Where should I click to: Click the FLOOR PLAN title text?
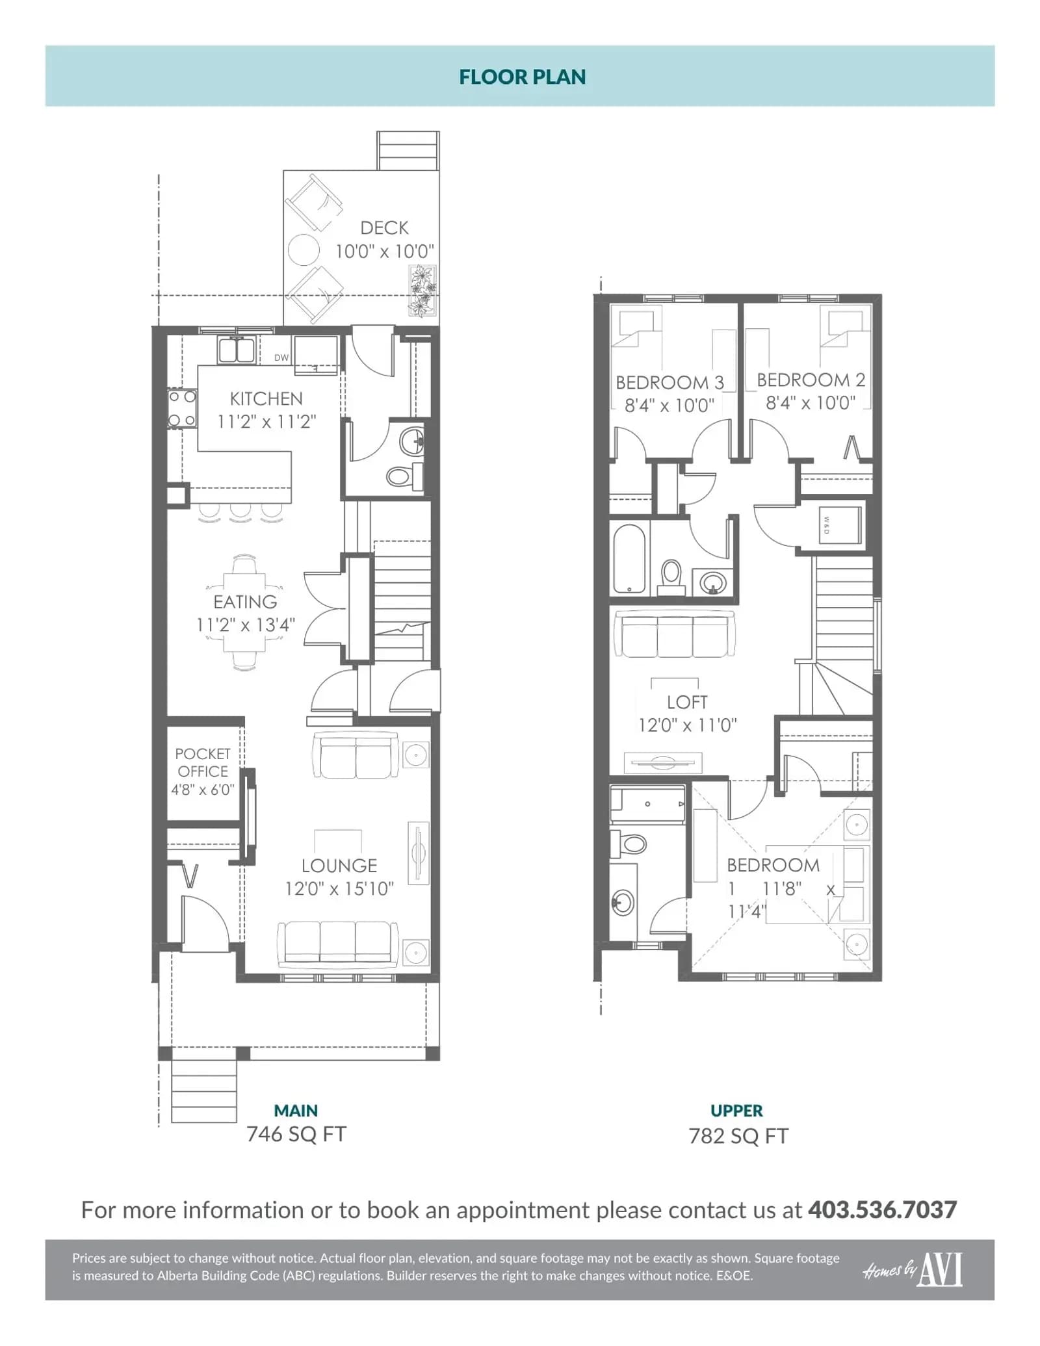[523, 77]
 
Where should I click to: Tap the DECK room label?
[384, 228]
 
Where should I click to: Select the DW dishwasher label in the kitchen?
[281, 357]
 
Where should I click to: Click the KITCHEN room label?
[266, 398]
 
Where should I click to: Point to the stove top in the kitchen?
[182, 409]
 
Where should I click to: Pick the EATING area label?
[245, 602]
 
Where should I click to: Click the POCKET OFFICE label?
[203, 762]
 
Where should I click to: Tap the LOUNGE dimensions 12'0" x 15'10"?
[339, 888]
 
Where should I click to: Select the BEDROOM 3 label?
[669, 382]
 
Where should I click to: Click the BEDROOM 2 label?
[811, 380]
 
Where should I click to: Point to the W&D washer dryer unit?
[839, 525]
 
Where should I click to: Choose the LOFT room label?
[687, 702]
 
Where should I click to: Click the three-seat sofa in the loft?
[675, 634]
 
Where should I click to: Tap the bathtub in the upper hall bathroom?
[629, 559]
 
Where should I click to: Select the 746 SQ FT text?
[296, 1134]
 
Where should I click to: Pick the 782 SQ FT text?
[738, 1136]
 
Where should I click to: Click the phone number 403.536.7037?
[882, 1210]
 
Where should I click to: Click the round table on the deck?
[304, 250]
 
